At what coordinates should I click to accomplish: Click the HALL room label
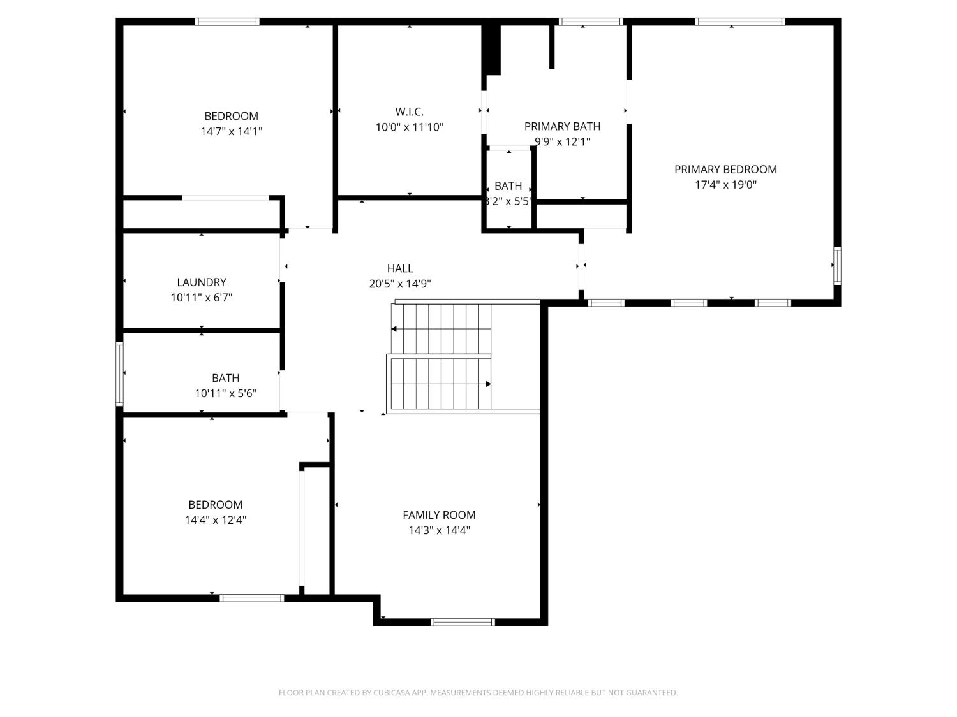click(x=400, y=268)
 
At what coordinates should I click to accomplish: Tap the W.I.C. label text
click(x=409, y=112)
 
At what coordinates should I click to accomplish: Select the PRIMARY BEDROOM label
click(x=725, y=170)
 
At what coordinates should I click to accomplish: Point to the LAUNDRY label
click(x=202, y=282)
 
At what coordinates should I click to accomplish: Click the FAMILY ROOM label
click(x=439, y=515)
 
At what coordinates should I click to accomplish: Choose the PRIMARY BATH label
click(x=562, y=127)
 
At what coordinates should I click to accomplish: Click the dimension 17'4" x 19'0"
click(x=725, y=185)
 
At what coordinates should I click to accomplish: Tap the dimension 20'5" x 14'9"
click(x=400, y=284)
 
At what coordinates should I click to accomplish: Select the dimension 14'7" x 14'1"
click(x=232, y=131)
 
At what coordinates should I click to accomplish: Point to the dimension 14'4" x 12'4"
click(x=216, y=520)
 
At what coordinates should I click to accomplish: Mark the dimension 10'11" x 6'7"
click(x=202, y=298)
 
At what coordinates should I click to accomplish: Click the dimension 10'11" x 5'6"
click(x=226, y=393)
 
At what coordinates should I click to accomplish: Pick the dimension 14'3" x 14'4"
click(x=439, y=530)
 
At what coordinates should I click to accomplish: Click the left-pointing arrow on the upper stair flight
click(x=394, y=329)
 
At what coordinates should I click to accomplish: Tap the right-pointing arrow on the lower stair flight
click(x=488, y=384)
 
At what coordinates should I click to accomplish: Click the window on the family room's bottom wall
click(x=463, y=622)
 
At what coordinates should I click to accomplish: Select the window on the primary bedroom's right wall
click(x=837, y=265)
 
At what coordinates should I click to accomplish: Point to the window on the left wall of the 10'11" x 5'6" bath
click(x=119, y=373)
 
